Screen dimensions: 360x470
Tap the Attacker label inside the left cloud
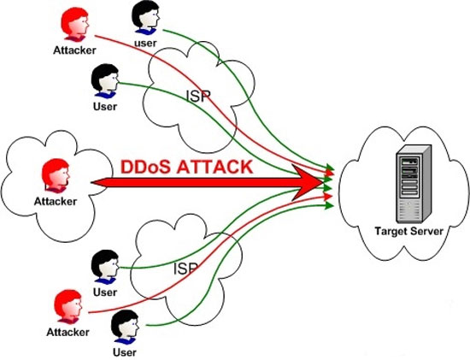(x=55, y=202)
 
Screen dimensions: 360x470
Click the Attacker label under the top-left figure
(x=72, y=51)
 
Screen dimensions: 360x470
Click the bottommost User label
(x=125, y=351)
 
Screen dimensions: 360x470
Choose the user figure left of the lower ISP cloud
(x=104, y=265)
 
